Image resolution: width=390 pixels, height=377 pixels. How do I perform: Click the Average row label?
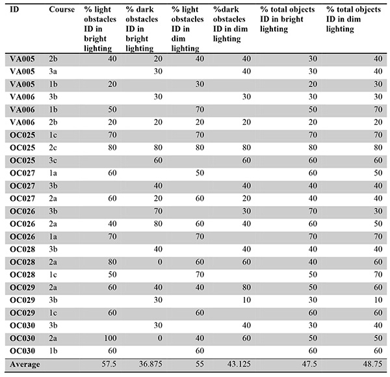25,364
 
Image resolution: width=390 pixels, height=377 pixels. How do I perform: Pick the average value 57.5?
110,364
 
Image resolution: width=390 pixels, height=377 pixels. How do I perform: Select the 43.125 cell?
237,364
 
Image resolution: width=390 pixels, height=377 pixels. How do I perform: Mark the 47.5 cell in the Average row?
307,364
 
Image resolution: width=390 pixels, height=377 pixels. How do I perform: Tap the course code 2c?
54,147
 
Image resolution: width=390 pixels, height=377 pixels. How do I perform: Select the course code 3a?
54,70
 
